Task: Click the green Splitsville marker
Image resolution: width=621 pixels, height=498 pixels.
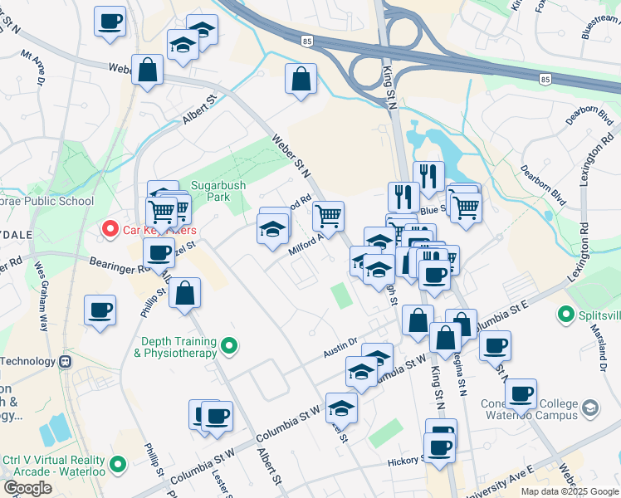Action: click(566, 315)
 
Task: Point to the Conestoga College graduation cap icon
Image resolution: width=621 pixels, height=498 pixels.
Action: click(589, 408)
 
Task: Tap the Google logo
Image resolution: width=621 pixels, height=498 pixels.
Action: click(27, 488)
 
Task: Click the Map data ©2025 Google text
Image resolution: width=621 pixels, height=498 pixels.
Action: click(568, 491)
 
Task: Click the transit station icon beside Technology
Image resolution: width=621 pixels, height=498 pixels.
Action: click(64, 362)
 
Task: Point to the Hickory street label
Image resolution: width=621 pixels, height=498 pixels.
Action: click(407, 460)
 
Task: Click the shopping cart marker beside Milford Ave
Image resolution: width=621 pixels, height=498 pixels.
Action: click(329, 216)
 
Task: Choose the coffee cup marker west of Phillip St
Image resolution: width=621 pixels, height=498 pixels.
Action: click(100, 310)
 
